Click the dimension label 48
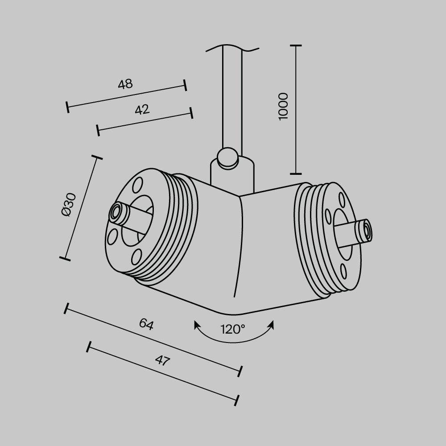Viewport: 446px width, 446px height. coord(125,84)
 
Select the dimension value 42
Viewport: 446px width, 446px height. coord(142,109)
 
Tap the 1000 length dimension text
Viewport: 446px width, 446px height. coord(283,106)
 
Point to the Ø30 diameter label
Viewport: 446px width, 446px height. coord(70,205)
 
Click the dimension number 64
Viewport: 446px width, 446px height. coord(146,324)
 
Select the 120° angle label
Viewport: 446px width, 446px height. coord(233,330)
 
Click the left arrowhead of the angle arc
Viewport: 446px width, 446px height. coord(197,325)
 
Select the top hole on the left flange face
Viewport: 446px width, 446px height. coord(138,183)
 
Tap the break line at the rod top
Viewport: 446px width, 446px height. coord(232,48)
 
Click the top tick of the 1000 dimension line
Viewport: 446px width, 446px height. coord(296,45)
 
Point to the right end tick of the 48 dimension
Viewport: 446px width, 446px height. coord(185,86)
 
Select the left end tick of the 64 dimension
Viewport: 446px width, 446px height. coord(67,308)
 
